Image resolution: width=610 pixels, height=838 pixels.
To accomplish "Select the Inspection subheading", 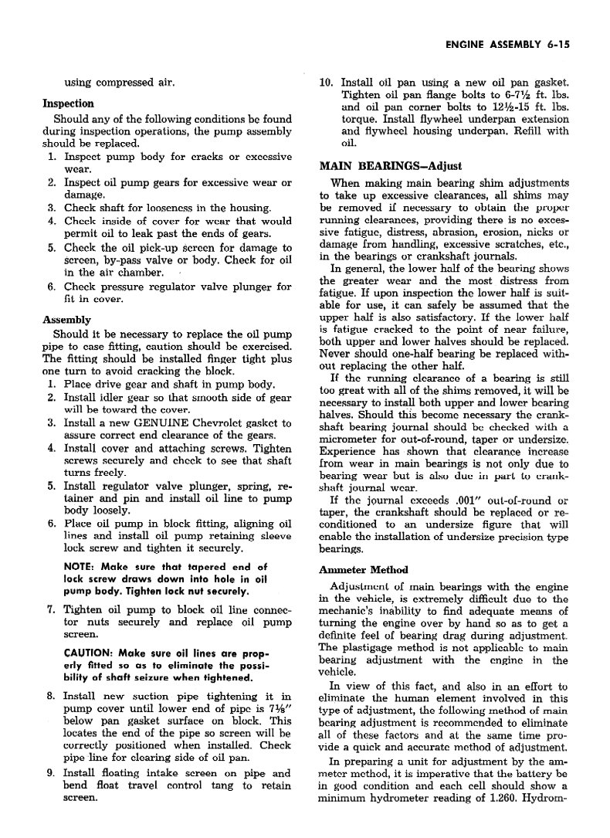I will pos(68,103).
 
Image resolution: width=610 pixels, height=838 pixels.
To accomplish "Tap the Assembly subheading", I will pos(66,320).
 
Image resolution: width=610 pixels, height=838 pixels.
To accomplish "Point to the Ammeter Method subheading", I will pos(363,570).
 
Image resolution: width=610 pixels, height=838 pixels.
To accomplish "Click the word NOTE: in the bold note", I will pos(80,567).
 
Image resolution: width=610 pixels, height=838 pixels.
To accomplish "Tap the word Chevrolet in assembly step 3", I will pos(232,423).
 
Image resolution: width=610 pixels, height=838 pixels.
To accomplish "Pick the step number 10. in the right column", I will pos(326,82).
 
